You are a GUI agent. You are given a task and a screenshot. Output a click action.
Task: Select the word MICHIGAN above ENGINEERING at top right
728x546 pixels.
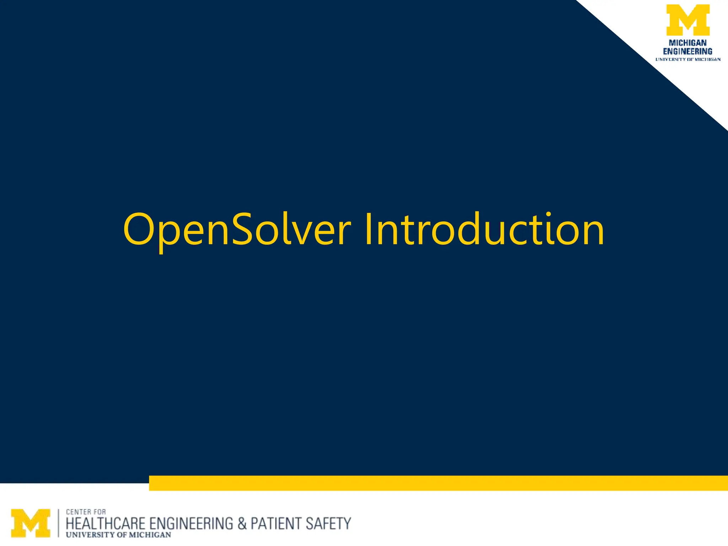click(688, 43)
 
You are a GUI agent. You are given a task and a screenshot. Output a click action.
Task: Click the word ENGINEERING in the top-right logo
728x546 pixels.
click(688, 51)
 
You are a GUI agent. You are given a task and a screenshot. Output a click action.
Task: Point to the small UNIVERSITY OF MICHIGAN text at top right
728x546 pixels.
click(688, 59)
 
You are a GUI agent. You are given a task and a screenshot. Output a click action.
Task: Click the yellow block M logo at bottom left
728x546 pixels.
click(31, 523)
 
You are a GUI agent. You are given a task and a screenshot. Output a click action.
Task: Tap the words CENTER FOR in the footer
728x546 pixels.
click(86, 512)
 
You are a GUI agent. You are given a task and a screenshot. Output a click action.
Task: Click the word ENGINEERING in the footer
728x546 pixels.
click(191, 524)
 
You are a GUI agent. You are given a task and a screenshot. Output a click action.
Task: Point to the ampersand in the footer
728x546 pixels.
click(242, 524)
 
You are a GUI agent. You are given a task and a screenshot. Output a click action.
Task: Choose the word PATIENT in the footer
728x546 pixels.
click(275, 524)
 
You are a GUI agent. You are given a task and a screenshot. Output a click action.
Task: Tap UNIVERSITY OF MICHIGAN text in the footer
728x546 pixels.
click(118, 535)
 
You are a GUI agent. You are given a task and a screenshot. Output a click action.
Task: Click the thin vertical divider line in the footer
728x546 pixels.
click(59, 523)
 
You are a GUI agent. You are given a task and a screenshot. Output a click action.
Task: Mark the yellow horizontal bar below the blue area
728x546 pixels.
click(438, 483)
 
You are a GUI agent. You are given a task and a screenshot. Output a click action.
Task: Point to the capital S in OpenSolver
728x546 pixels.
click(245, 229)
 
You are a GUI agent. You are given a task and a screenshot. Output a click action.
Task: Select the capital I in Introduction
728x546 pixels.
click(369, 229)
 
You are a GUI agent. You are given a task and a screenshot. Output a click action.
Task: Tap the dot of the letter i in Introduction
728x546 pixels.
click(550, 214)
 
